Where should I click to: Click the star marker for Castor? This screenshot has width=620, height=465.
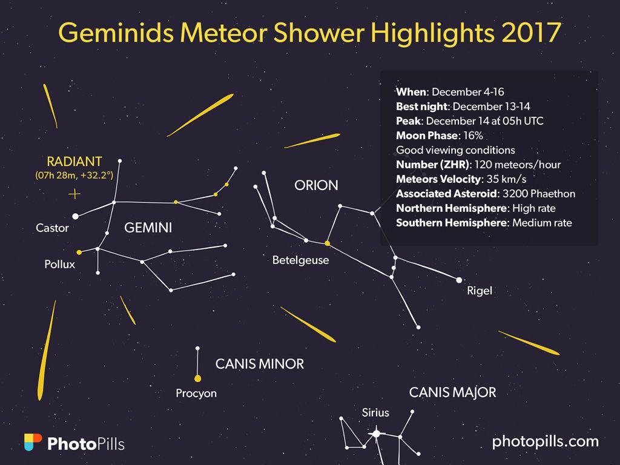(x=76, y=216)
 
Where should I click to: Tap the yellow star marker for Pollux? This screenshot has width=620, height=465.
(x=79, y=252)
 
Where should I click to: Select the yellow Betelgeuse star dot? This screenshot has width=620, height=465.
(x=328, y=243)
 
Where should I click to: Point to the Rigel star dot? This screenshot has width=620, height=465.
(x=459, y=280)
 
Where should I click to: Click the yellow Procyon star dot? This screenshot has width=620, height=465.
(x=197, y=378)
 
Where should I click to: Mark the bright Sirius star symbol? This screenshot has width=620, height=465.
(x=377, y=434)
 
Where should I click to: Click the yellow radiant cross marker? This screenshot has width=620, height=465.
(x=74, y=194)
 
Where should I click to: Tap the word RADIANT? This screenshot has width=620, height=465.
(x=74, y=162)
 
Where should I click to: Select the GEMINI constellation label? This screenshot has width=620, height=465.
(x=148, y=228)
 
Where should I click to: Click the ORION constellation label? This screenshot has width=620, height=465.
(x=316, y=185)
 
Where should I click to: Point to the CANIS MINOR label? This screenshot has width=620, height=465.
(x=260, y=364)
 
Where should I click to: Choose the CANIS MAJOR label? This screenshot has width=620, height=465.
(x=452, y=392)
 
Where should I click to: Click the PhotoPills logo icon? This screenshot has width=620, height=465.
(x=33, y=443)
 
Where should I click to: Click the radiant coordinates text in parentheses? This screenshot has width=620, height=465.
(x=74, y=176)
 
